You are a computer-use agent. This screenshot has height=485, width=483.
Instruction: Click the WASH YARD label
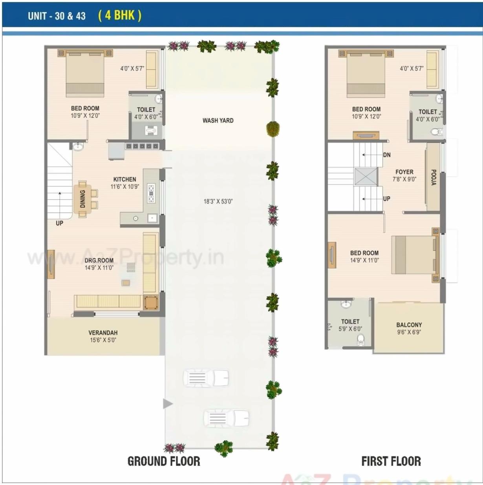[218, 120]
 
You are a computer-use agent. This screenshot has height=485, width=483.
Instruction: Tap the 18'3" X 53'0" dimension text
[218, 201]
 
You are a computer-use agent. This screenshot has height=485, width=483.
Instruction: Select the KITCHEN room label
[124, 179]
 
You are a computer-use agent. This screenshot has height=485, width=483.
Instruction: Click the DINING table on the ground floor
[83, 199]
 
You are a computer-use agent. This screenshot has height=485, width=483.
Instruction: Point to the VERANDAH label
[103, 332]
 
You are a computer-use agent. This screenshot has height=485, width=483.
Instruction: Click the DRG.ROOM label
[99, 260]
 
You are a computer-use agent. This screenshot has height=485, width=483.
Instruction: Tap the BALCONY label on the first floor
[409, 325]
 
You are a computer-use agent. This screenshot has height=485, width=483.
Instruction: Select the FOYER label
[404, 172]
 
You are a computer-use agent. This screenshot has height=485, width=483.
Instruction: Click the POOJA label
[434, 177]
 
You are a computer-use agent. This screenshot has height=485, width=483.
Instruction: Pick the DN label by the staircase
[387, 155]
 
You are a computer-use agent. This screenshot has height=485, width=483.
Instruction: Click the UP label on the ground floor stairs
[59, 223]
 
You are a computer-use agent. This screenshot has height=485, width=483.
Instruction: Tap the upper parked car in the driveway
[206, 378]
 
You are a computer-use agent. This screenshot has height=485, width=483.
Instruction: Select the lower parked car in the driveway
[226, 418]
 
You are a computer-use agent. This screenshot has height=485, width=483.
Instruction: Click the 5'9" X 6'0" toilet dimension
[350, 329]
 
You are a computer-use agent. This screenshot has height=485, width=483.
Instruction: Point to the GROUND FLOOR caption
[164, 461]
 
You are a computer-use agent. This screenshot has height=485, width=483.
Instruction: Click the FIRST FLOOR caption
[391, 461]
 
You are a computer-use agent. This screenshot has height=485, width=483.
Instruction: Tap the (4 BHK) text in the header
[120, 15]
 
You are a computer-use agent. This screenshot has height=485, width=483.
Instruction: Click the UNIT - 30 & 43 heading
[57, 16]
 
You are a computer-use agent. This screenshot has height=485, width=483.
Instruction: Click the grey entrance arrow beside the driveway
[168, 403]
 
